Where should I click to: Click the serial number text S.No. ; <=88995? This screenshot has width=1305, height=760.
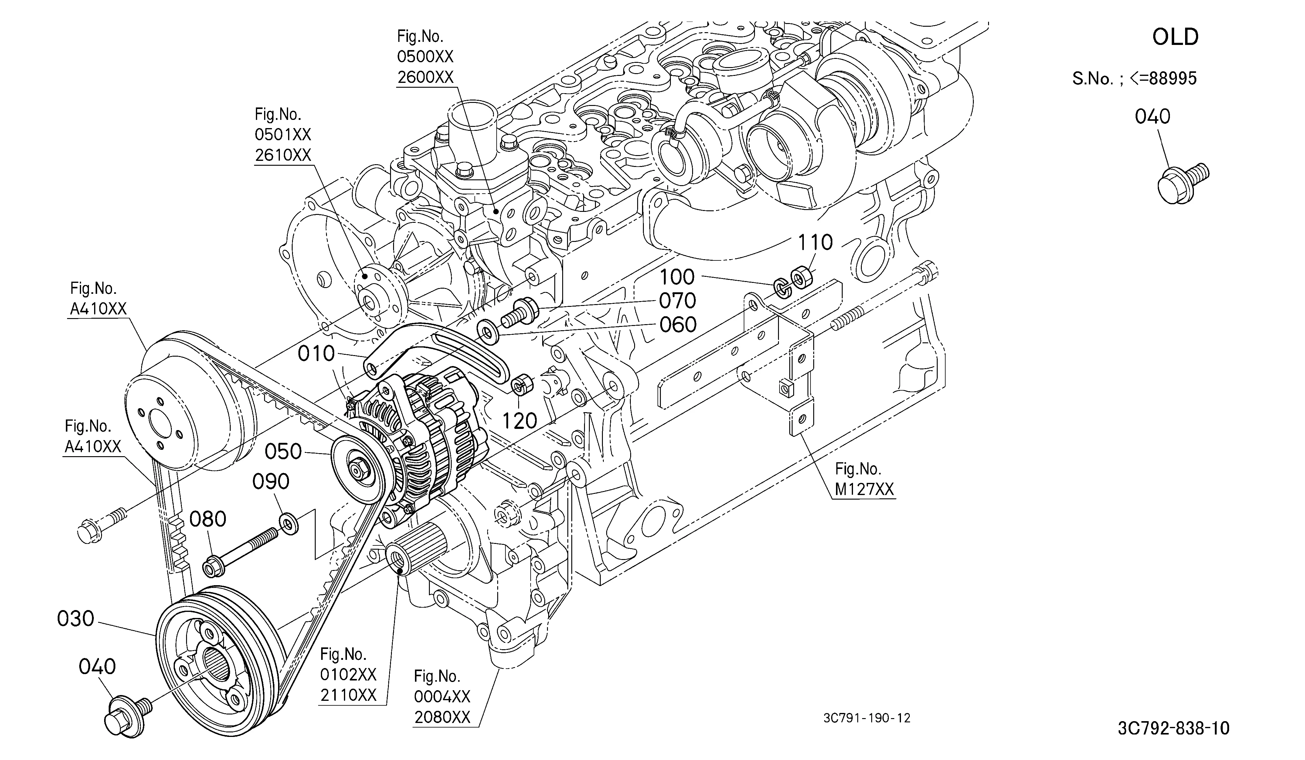coord(1134,79)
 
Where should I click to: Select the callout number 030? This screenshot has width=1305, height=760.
coord(76,619)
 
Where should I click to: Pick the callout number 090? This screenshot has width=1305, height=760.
coord(270,481)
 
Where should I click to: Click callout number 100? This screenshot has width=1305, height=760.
coord(677,277)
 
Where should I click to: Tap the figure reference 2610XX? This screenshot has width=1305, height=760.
coord(283,155)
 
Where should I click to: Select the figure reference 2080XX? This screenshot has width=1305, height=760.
coord(442,717)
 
